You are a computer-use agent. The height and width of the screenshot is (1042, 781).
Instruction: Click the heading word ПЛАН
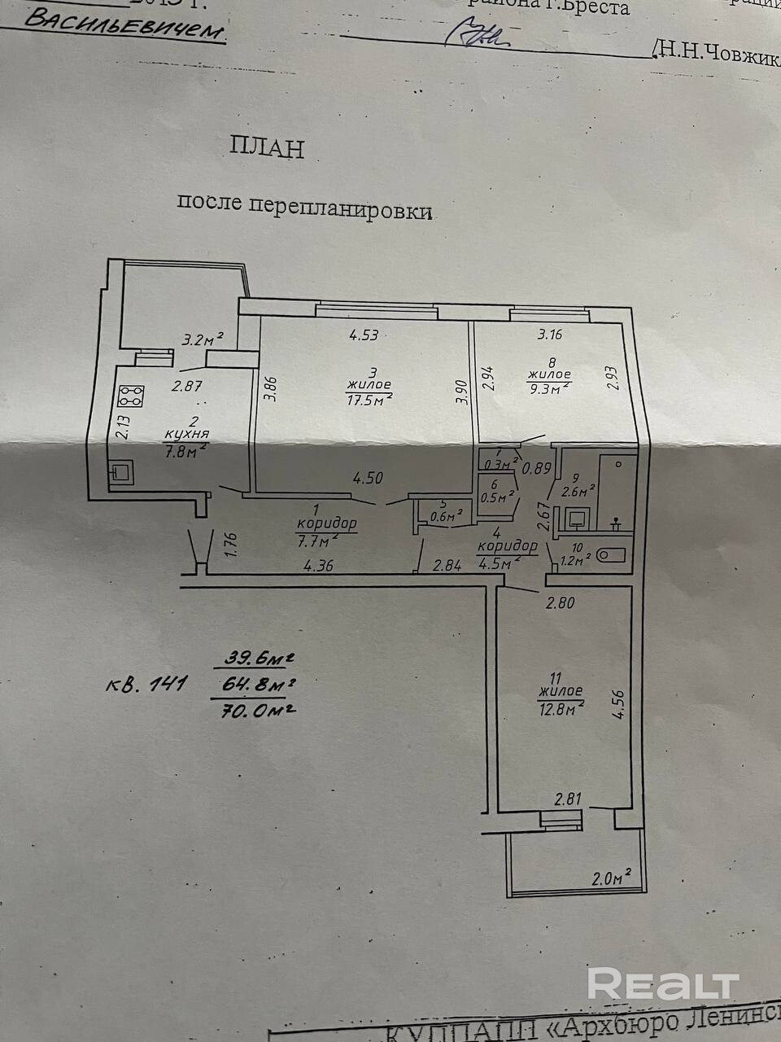click(x=267, y=149)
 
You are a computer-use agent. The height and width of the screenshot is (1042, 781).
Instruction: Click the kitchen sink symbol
click(x=124, y=471)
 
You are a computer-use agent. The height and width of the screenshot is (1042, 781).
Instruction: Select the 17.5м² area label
click(x=369, y=398)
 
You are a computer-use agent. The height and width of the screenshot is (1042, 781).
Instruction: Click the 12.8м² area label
click(x=561, y=708)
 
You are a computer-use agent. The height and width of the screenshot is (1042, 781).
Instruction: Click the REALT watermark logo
click(x=663, y=985)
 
